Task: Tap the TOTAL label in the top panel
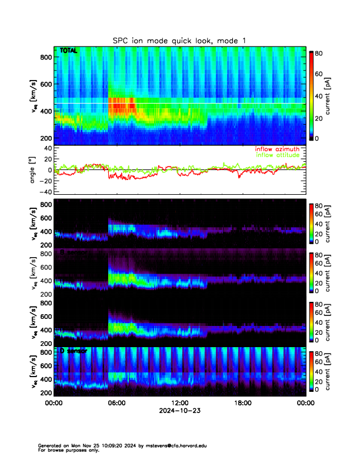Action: coord(69,51)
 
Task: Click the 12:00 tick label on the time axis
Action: coord(179,403)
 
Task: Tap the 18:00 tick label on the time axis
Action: coord(242,403)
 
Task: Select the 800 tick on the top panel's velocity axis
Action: coord(45,57)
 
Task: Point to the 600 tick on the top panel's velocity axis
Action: coord(45,84)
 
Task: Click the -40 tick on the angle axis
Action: coord(44,191)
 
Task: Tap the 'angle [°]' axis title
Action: coord(33,169)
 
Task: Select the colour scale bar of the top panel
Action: coord(312,95)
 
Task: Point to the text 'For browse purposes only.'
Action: coord(66,450)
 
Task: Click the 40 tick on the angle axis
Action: coord(45,148)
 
